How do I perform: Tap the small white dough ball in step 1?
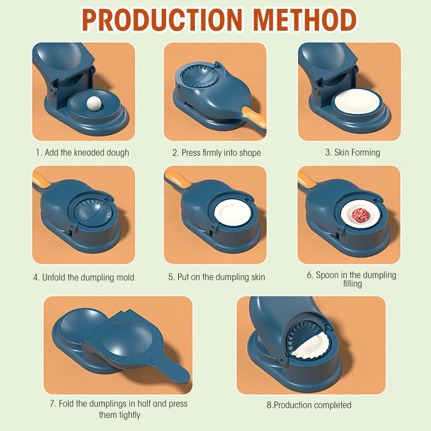(x=92, y=102)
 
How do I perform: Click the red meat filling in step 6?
(x=360, y=213)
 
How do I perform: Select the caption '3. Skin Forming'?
(x=352, y=152)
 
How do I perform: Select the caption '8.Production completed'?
(x=309, y=405)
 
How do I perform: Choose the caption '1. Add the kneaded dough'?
(x=82, y=152)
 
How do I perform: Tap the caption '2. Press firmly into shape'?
(x=216, y=152)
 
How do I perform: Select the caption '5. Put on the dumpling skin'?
(x=216, y=277)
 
